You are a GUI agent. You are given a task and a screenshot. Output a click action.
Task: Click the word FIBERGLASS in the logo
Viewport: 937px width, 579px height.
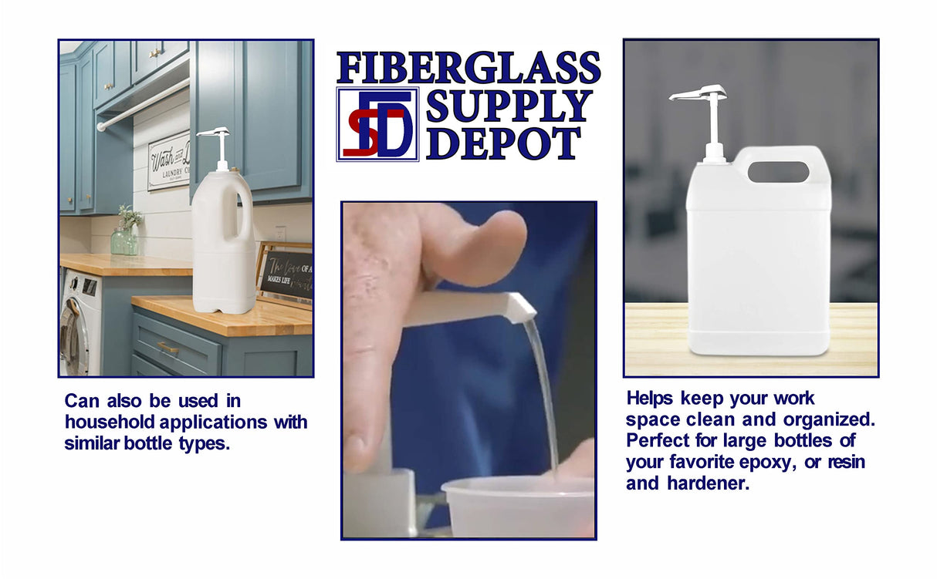click(x=468, y=68)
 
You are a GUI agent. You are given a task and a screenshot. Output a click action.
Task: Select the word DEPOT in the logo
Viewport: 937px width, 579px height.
click(x=503, y=144)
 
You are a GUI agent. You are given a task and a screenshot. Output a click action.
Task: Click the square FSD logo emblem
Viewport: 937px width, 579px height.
click(x=377, y=123)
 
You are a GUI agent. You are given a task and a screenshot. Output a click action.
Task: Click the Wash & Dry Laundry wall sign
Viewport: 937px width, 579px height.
click(x=169, y=161)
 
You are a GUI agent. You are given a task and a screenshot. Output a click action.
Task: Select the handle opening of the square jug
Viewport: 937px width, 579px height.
click(x=778, y=172)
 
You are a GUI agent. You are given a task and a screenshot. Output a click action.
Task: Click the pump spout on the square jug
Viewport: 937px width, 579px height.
click(x=696, y=94)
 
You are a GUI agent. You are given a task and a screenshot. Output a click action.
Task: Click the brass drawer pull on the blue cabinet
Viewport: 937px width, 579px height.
click(x=167, y=348)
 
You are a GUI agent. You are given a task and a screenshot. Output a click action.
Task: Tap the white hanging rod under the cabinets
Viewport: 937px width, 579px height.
click(x=143, y=105)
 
